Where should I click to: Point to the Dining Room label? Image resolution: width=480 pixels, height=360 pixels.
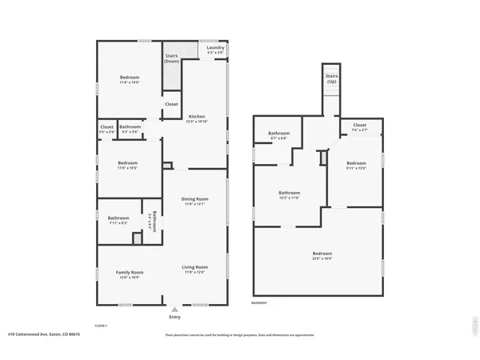(196, 201)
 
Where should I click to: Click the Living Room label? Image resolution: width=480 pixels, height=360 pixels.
(195, 269)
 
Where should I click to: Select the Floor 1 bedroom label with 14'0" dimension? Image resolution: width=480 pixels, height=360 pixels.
(130, 79)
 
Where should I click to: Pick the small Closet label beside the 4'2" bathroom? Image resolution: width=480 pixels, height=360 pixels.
(106, 128)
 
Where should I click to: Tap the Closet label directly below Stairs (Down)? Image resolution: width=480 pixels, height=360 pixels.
(171, 104)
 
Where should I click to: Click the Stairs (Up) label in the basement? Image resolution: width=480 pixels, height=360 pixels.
(331, 78)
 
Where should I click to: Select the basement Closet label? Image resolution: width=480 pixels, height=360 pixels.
(359, 126)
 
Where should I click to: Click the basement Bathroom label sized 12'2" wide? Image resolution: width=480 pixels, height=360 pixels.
(289, 194)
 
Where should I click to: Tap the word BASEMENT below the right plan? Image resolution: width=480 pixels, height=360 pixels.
(259, 303)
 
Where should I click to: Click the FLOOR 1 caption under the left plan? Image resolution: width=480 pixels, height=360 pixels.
(101, 326)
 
